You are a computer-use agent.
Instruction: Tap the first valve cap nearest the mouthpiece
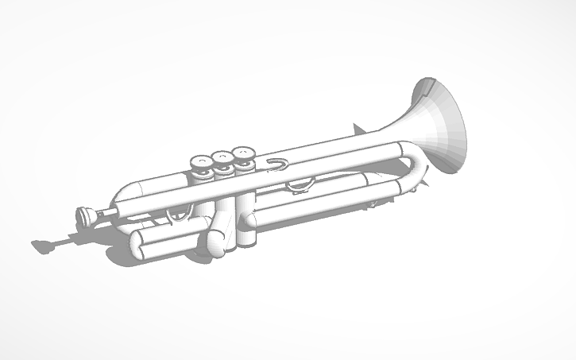[199, 162]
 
